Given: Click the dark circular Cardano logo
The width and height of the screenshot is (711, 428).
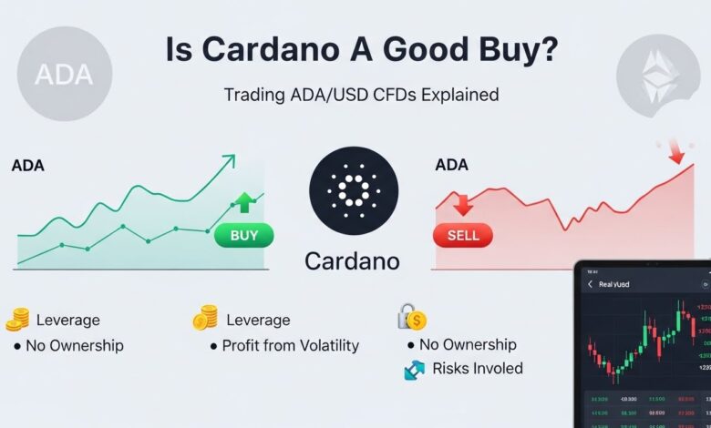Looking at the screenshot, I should (353, 189).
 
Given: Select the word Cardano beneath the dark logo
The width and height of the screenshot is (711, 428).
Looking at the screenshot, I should (352, 261).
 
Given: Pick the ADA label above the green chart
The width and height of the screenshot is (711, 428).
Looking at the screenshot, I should (28, 167).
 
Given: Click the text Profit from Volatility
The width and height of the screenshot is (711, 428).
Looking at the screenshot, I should (291, 345).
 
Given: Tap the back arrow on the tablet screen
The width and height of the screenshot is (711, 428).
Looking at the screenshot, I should (590, 284).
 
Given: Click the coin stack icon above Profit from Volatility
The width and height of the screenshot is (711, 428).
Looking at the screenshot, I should (205, 319).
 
